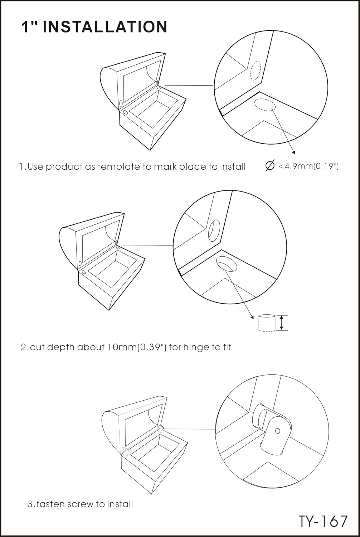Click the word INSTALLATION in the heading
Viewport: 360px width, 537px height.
(105, 26)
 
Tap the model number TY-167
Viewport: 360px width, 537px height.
(323, 521)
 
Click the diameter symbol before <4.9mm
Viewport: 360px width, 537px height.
(270, 166)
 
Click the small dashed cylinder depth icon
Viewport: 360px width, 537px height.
(267, 323)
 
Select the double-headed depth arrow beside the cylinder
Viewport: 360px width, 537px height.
(282, 323)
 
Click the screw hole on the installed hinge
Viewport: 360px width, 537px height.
(278, 431)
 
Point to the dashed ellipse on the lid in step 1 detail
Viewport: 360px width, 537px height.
(256, 71)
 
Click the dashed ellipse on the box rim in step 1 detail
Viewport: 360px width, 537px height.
(265, 105)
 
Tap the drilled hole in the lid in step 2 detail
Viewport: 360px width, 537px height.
(214, 230)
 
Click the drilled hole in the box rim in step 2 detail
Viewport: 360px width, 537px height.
(227, 263)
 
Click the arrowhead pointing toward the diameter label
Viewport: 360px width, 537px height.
(293, 153)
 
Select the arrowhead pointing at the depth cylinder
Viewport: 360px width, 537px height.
(252, 318)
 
